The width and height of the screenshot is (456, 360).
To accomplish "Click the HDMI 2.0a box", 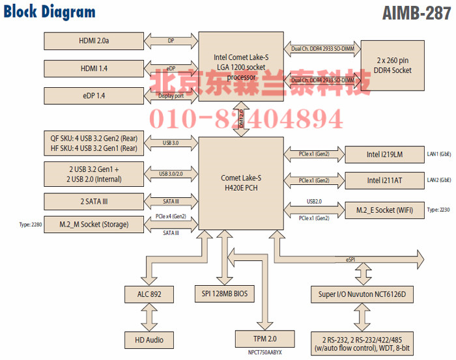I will coord(93,41).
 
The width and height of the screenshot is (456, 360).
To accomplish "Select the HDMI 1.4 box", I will coord(93,68).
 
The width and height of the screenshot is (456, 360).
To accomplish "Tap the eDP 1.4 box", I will coord(93,95).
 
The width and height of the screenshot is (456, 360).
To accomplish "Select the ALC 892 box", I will coord(149,294).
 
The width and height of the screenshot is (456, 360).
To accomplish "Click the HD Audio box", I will coord(149,339).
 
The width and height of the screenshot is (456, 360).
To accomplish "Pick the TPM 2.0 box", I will coord(265,339).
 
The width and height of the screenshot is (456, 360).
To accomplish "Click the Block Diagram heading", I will coord(50,12).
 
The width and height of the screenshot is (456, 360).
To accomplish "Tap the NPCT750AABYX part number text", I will coord(264,353).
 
